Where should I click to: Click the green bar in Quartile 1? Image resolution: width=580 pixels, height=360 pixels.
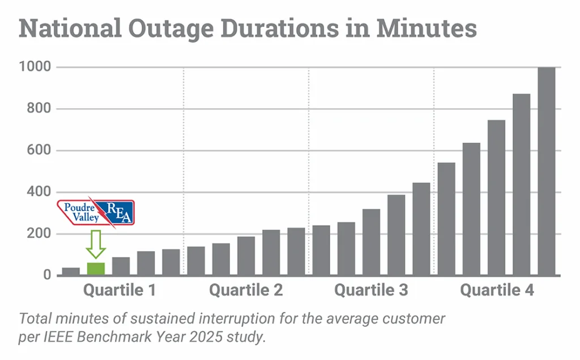[96, 269]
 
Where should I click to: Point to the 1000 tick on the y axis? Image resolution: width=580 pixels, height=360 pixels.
[36, 67]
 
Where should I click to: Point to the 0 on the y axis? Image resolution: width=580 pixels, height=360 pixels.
[48, 276]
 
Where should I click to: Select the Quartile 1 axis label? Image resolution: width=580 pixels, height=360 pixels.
[120, 291]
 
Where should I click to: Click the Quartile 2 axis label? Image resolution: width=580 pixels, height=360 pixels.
[246, 291]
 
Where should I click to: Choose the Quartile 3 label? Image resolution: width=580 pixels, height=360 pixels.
[371, 291]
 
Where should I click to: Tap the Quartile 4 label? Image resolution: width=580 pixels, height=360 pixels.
[497, 291]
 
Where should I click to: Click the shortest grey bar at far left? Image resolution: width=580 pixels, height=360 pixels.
[71, 271]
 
